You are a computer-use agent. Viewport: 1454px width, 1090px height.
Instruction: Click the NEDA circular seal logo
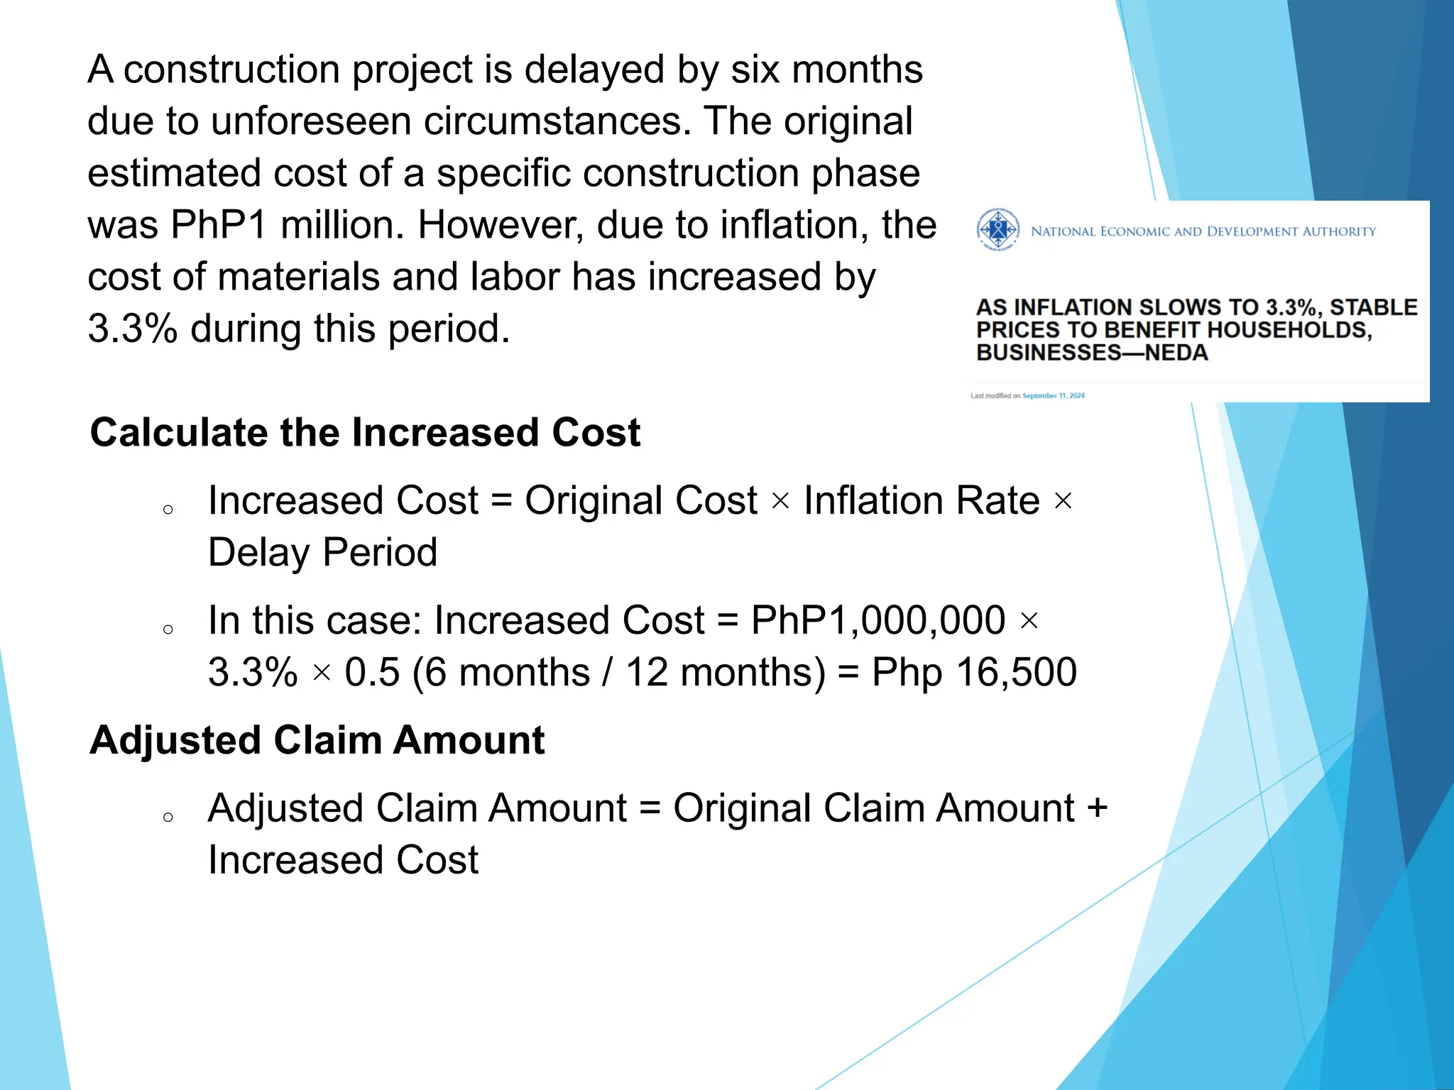click(997, 230)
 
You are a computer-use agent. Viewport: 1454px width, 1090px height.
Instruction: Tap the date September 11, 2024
click(1054, 396)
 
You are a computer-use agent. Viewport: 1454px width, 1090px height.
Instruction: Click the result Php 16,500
click(974, 672)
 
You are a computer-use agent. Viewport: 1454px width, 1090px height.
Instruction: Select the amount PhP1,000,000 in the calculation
click(878, 620)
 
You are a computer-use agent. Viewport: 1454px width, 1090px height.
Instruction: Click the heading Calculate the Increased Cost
click(365, 432)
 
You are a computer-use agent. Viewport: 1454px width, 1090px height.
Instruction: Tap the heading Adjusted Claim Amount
click(317, 740)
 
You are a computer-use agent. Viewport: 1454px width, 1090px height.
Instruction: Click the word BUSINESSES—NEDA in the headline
click(1091, 353)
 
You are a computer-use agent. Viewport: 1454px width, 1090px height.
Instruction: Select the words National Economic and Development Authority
click(1203, 231)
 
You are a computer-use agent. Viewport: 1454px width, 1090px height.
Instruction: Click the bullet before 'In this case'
click(168, 629)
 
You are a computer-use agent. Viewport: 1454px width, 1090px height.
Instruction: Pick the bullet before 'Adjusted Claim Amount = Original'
click(168, 817)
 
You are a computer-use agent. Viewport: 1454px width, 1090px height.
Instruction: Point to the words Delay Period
click(322, 552)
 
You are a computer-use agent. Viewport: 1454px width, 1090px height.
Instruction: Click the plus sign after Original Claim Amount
click(1097, 808)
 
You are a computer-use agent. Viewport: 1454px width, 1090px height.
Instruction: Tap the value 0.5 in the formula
click(372, 672)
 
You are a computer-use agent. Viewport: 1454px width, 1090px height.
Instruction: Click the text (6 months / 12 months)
click(618, 672)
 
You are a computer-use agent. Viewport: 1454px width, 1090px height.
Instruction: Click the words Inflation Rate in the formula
click(922, 500)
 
